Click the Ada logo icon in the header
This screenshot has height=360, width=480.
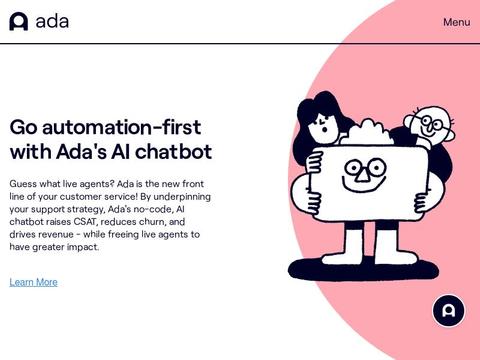click(x=18, y=21)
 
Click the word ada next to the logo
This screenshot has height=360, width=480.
click(x=52, y=21)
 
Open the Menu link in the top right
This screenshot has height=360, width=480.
click(x=456, y=22)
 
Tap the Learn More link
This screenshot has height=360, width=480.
click(x=33, y=282)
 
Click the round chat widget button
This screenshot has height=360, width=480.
click(x=449, y=311)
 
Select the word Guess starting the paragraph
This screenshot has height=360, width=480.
click(x=26, y=184)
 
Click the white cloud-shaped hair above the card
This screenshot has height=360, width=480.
click(x=368, y=133)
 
